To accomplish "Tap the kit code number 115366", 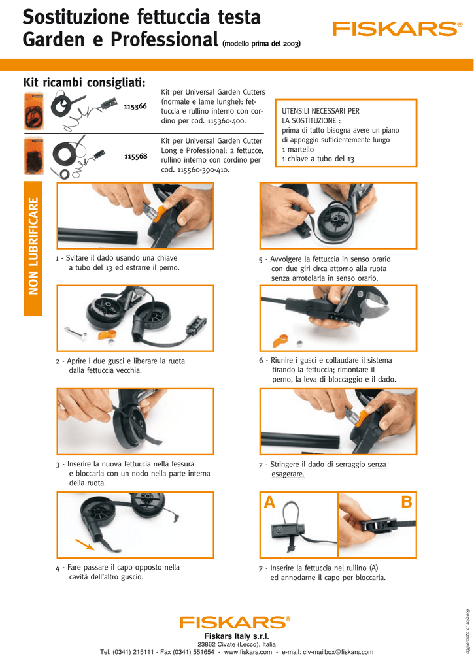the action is coord(135,106).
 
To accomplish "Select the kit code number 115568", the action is coord(136,157).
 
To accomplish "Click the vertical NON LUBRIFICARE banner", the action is coord(33,249).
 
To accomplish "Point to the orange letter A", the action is coord(269,502).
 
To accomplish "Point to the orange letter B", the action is coord(406,502).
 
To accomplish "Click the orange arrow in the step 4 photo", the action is coord(85,544).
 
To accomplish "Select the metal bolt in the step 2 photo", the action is coord(76,333).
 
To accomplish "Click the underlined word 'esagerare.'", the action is coord(288,474).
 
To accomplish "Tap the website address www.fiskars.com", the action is coord(248,652).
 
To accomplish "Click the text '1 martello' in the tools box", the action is coord(297,150).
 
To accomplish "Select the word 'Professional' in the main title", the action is coord(164,40).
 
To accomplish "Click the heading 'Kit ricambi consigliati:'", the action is coord(84,82).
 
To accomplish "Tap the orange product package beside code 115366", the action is coord(34,111).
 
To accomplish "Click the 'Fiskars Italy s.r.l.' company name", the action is coord(237,636).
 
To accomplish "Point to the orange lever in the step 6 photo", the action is coord(280,341).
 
